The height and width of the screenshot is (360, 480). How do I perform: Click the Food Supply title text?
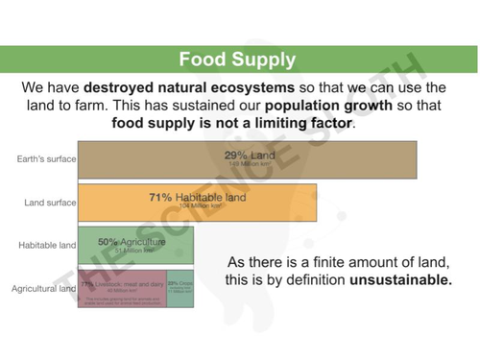point(237,60)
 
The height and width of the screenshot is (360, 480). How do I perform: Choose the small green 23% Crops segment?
point(180,289)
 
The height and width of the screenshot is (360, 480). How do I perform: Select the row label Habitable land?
point(47,247)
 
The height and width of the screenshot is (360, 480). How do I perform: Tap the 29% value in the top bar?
point(235,155)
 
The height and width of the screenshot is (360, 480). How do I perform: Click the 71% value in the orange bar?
point(160,198)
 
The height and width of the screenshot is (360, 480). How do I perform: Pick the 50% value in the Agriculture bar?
point(108,242)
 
